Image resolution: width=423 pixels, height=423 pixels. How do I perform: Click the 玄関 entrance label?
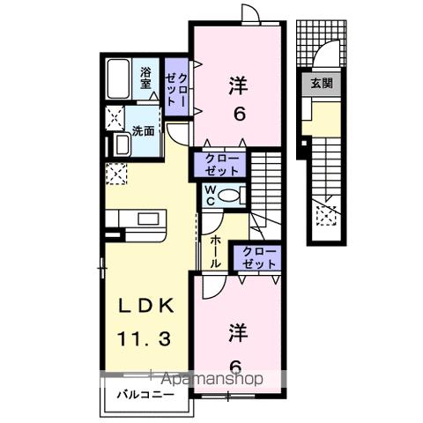pyautogui.click(x=321, y=84)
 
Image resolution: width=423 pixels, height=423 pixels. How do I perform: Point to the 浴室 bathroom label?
pyautogui.click(x=146, y=78)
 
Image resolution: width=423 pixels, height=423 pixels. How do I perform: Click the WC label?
pyautogui.click(x=211, y=195)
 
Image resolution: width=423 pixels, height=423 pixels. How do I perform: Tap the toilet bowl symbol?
pyautogui.click(x=231, y=196)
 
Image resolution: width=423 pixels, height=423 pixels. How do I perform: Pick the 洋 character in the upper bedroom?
pyautogui.click(x=237, y=85)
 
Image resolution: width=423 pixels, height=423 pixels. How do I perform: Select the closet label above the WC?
pyautogui.click(x=221, y=164)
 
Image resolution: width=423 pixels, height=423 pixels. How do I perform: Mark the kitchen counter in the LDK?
pyautogui.click(x=136, y=219)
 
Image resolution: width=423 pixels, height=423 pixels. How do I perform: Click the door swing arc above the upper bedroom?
pyautogui.click(x=250, y=16)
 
